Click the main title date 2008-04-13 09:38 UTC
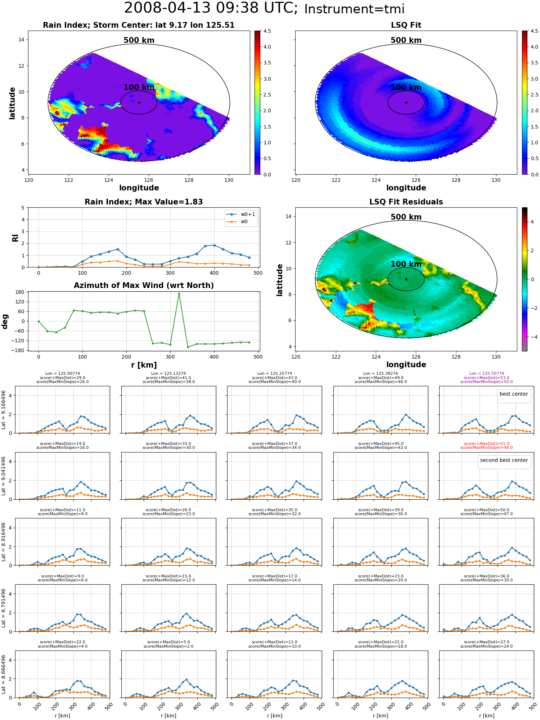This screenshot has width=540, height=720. point(211,8)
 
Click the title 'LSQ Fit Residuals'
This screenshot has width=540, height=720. point(406,202)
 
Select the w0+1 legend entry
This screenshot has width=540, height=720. point(241,214)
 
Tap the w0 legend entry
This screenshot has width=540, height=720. point(238,222)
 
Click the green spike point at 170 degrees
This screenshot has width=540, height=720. point(179,294)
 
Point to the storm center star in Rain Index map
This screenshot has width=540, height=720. point(139,103)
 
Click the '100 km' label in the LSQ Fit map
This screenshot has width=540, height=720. point(406,87)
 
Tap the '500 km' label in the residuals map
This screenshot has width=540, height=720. point(406,217)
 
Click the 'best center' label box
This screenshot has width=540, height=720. point(514,394)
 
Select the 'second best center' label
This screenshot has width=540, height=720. point(504,460)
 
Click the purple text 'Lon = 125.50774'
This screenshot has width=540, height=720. point(487,374)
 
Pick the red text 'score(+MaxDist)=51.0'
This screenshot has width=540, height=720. point(487,444)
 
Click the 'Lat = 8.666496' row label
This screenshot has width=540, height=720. point(4,674)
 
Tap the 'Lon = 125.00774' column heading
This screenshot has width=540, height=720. point(63,374)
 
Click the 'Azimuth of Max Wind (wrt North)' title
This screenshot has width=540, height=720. point(144,285)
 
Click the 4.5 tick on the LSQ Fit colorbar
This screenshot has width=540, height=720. point(535,31)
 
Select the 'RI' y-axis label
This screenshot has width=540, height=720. point(15,238)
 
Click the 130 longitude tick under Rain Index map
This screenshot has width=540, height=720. point(229,180)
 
